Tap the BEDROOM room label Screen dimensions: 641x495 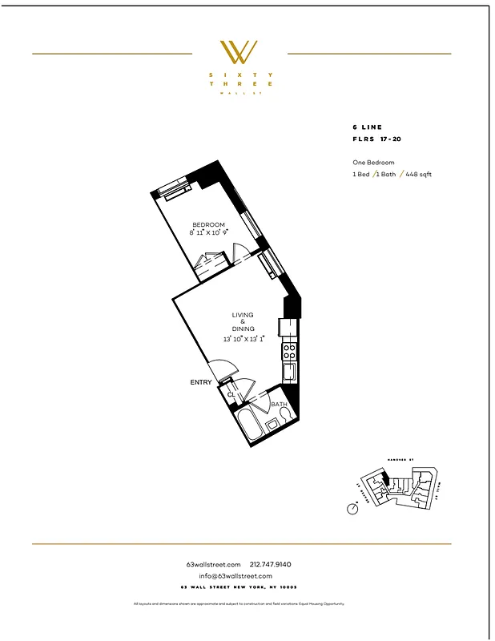tap(208, 224)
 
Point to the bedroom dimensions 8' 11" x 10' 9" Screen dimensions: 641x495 tap(209, 233)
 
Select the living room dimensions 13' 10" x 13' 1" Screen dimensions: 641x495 tap(244, 339)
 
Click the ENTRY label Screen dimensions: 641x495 tap(201, 382)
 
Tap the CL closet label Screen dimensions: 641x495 tap(231, 395)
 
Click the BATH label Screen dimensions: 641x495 tap(279, 405)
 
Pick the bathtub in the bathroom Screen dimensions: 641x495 tap(248, 426)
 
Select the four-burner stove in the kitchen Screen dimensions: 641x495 tap(290, 349)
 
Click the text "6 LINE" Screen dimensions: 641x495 tap(368, 127)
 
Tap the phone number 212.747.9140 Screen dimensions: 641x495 tap(276, 565)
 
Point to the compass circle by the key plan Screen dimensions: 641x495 tap(352, 508)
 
